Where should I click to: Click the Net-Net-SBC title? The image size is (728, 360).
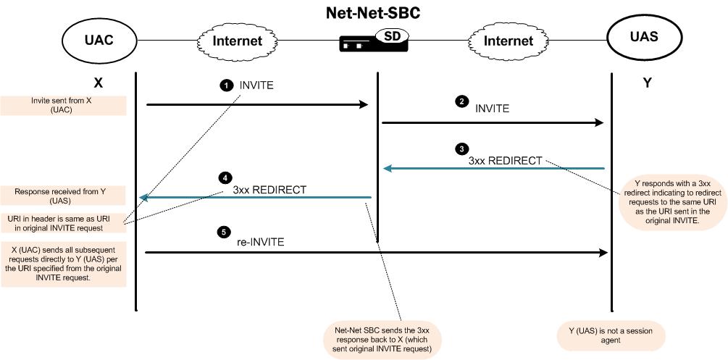374,13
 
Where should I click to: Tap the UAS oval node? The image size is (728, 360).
643,36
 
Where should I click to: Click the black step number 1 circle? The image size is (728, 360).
227,85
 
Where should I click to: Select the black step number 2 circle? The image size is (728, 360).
461,101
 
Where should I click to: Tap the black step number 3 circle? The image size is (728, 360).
461,149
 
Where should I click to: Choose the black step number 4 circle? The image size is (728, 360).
226,177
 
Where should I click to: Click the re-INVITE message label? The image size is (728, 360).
261,242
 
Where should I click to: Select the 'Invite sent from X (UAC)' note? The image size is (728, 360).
64,105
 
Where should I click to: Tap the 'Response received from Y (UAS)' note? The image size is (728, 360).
64,195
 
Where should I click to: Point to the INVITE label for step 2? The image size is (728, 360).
492,109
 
